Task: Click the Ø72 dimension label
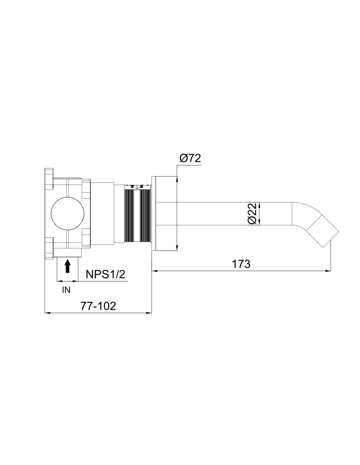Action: (x=190, y=159)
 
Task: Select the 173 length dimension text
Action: (x=241, y=264)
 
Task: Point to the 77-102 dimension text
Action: (x=98, y=306)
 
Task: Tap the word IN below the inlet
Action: (x=66, y=290)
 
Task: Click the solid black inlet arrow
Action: (x=68, y=266)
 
